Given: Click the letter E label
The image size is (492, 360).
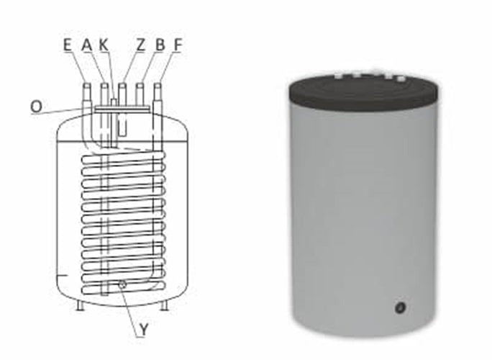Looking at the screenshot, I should pos(67,45).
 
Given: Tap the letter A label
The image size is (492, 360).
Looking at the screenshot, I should pos(86,45).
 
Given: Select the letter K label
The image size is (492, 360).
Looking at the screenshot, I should pos(104,45).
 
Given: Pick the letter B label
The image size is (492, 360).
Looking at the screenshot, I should pos(160,45).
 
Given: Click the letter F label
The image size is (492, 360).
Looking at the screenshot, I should pos(178,45).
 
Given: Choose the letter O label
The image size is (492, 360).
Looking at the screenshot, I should pos(36,106).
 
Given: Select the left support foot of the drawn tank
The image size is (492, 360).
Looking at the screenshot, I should pos(79,305).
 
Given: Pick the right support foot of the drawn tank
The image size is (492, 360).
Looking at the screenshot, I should pos(165,305).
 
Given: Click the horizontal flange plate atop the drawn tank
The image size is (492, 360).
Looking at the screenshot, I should pos(122,109).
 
